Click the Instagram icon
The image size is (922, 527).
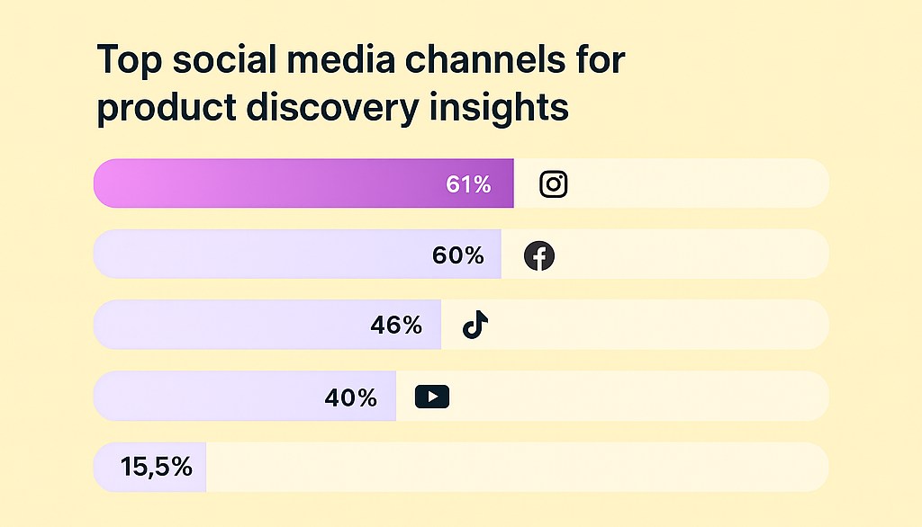pyautogui.click(x=554, y=184)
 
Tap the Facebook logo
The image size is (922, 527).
pyautogui.click(x=539, y=256)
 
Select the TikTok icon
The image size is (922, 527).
pyautogui.click(x=475, y=325)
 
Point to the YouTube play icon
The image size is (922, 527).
pyautogui.click(x=432, y=397)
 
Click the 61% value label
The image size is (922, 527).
pyautogui.click(x=468, y=184)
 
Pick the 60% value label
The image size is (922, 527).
pyautogui.click(x=458, y=255)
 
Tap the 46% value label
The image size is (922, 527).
pyautogui.click(x=396, y=326)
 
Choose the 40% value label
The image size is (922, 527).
pyautogui.click(x=350, y=397)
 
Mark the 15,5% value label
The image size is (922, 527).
pyautogui.click(x=156, y=467)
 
